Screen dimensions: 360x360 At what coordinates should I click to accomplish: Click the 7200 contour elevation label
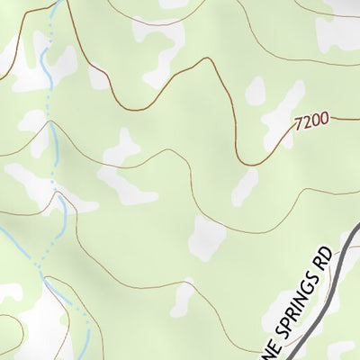click(x=311, y=118)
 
